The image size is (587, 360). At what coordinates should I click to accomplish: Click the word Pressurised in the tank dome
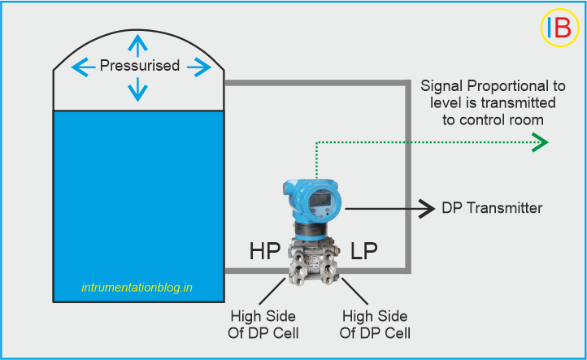(139, 66)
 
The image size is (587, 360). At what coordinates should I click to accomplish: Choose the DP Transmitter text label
(492, 209)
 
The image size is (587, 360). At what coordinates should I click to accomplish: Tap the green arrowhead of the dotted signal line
(540, 144)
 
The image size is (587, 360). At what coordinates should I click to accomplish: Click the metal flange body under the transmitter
(313, 258)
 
